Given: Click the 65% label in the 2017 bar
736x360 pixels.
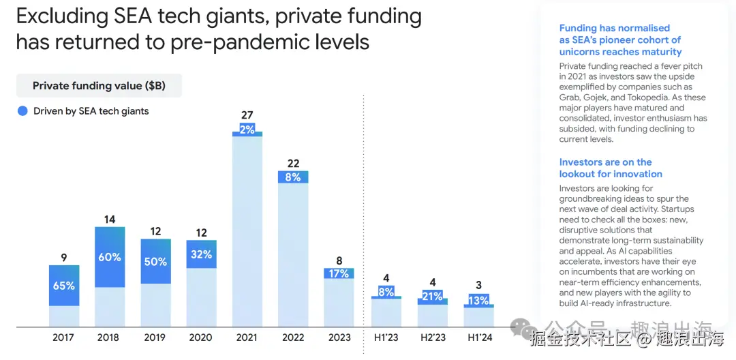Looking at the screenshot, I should coord(64,286).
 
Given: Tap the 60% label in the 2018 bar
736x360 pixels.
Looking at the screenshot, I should coord(110,257).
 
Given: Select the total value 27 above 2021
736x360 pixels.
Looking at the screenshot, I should coord(247,115).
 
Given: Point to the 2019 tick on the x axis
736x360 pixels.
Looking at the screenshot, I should coord(155,337).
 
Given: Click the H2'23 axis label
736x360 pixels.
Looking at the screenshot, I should coord(432,337).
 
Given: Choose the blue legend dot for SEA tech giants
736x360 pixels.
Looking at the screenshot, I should coord(22,111).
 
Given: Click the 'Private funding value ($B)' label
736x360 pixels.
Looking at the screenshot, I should coord(99,86).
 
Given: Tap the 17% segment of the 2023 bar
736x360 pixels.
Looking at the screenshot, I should coord(339,273).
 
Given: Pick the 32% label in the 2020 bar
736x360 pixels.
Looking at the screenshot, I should coord(201,254).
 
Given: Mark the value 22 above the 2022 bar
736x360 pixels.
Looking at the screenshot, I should coord(293,164).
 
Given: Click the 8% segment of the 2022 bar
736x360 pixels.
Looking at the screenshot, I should coord(293,177).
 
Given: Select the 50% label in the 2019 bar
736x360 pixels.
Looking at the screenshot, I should coord(155,262).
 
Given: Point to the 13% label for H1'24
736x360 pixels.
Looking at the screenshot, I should coord(479,301).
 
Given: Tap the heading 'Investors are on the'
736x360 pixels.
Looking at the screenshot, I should coord(605,162).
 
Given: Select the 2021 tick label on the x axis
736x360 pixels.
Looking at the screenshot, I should coord(247,337).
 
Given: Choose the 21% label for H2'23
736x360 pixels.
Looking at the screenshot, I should coord(433,296).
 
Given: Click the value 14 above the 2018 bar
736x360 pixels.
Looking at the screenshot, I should coord(110,220).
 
